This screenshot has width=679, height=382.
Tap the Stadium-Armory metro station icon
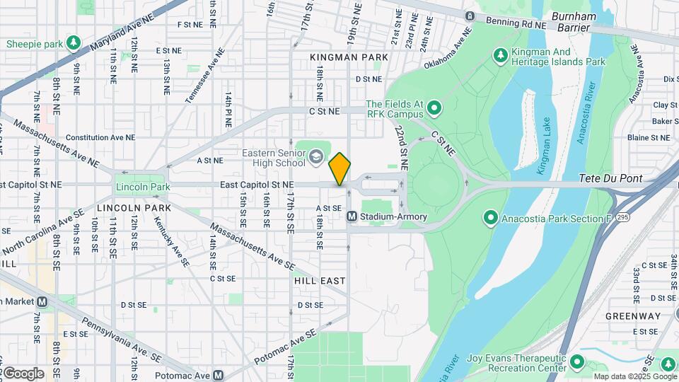352,216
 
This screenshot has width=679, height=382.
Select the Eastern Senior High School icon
316,156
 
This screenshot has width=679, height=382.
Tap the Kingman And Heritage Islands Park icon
501,54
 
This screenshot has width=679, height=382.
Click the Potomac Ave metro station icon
218,376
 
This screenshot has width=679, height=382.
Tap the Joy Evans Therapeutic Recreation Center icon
576,363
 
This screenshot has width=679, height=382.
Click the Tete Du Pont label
611,179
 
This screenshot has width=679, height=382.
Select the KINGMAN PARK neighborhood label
349,57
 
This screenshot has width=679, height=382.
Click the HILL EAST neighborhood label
320,281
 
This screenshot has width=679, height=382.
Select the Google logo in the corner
23,373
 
